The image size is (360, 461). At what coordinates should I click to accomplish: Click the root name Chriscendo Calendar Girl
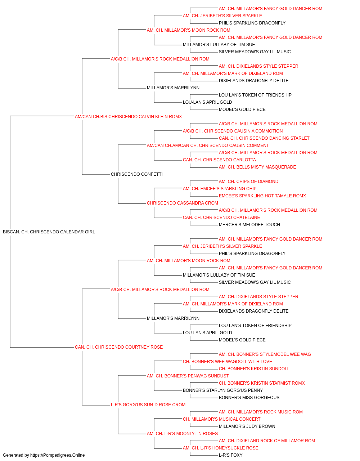pos(49,232)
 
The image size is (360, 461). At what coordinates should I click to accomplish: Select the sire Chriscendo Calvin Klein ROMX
pos(128,116)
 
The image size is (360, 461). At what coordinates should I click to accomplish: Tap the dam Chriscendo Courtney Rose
pos(119,347)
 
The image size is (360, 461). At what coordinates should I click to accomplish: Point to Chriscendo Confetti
pos(137,174)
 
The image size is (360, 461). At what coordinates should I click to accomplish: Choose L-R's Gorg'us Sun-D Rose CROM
pos(148,404)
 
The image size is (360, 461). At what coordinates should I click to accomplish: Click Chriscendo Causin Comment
pos(208,145)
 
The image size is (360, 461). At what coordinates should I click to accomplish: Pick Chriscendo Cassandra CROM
pos(182,203)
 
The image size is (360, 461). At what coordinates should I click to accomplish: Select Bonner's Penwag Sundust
pos(188,376)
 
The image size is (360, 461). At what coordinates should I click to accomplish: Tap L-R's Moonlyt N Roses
pos(182,433)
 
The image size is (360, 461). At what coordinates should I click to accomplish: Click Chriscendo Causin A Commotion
pos(233,131)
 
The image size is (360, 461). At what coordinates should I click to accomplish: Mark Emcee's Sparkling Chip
pos(220,189)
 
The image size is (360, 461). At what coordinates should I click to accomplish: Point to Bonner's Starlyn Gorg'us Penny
pos(223,390)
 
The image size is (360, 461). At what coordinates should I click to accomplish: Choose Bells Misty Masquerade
pos(257,167)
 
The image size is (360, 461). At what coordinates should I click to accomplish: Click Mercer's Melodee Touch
pos(249,224)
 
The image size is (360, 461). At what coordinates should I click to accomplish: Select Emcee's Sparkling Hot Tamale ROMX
pos(262,196)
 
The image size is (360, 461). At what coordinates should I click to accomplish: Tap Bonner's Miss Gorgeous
pos(249,397)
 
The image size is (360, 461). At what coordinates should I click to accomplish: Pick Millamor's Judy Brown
pos(247,426)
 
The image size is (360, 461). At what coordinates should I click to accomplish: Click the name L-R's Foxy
pos(231,455)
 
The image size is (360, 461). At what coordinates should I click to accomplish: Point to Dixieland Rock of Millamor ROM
pos(267,440)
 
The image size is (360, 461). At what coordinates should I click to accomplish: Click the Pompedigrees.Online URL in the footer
pos(58,455)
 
